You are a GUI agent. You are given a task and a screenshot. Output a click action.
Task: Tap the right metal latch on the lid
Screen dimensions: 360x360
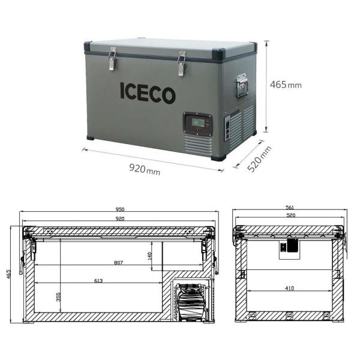pos(182,62)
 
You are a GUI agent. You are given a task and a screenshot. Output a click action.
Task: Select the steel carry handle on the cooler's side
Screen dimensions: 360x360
pos(242,85)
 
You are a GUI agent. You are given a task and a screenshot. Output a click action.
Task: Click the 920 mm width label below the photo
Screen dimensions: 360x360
pos(145,169)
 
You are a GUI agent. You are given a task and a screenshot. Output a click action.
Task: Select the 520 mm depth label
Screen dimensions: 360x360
pos(259,158)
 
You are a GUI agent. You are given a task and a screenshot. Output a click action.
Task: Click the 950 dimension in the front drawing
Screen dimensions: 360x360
pos(120,209)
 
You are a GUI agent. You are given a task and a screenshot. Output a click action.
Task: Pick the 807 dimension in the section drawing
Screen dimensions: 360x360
pos(120,262)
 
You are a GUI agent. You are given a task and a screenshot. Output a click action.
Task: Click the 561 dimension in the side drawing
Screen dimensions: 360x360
pos(290,209)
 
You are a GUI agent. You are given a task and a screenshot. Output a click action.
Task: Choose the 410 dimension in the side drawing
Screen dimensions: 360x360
pos(290,289)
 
